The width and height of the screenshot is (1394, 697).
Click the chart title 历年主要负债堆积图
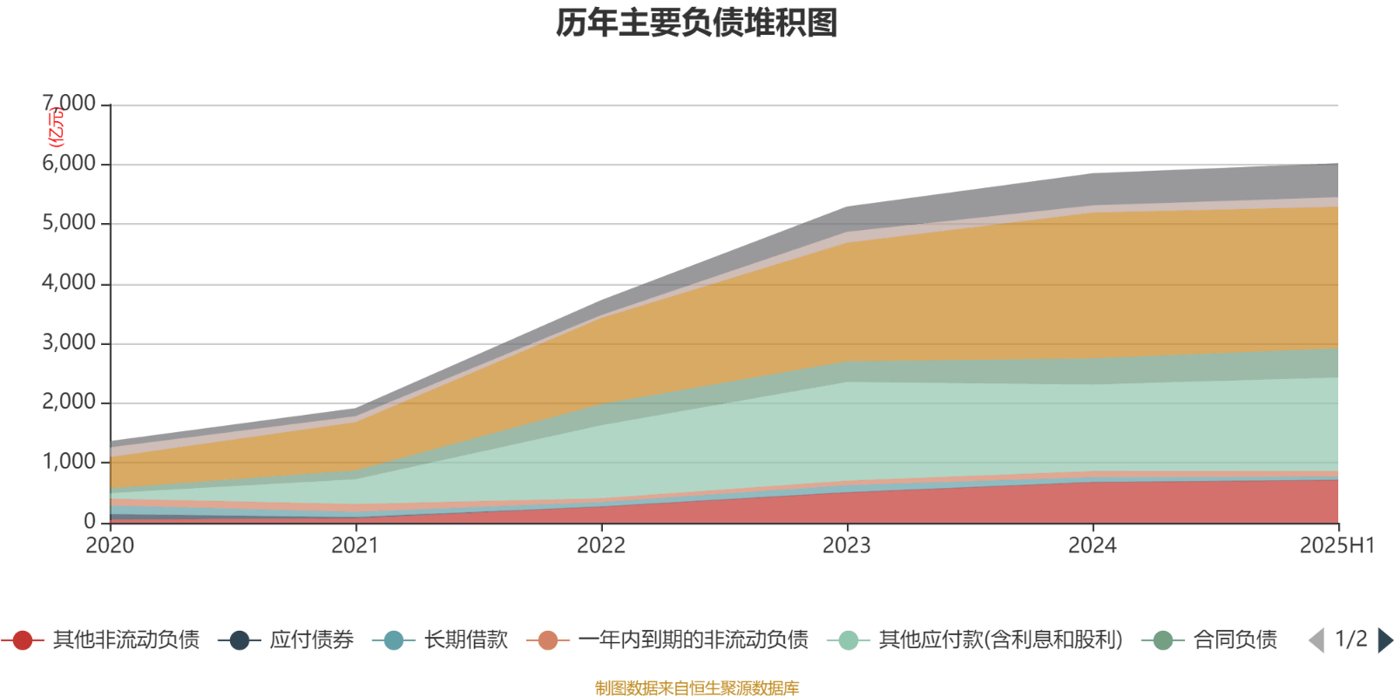pos(697,24)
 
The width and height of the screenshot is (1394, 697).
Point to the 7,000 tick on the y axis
pos(70,104)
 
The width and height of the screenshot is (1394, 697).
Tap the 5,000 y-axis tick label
pos(70,223)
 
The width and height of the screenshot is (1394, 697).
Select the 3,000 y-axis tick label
pos(70,342)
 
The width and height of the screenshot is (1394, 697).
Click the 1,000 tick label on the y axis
pos(70,462)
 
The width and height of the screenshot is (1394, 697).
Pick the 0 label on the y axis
pos(90,522)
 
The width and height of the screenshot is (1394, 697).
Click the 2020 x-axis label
pos(110,545)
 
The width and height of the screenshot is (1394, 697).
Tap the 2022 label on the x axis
pos(601,545)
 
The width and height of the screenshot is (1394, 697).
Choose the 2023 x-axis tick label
pos(847,545)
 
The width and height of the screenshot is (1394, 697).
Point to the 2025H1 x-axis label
pos(1336,545)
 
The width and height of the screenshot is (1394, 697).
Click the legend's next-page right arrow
pos(1384,640)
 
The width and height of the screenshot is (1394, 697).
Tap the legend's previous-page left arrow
pos(1316,640)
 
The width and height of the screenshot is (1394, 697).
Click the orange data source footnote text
pos(697,688)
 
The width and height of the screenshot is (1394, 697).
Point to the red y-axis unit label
pos(56,127)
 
